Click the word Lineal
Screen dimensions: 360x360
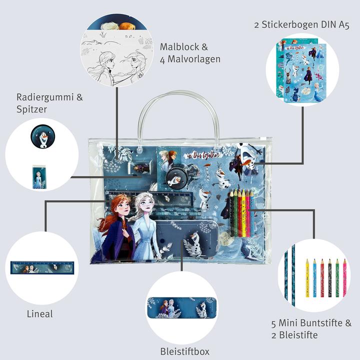click(39, 314)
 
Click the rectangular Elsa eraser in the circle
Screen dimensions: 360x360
click(38, 177)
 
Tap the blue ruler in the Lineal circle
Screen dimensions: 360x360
click(41, 267)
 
